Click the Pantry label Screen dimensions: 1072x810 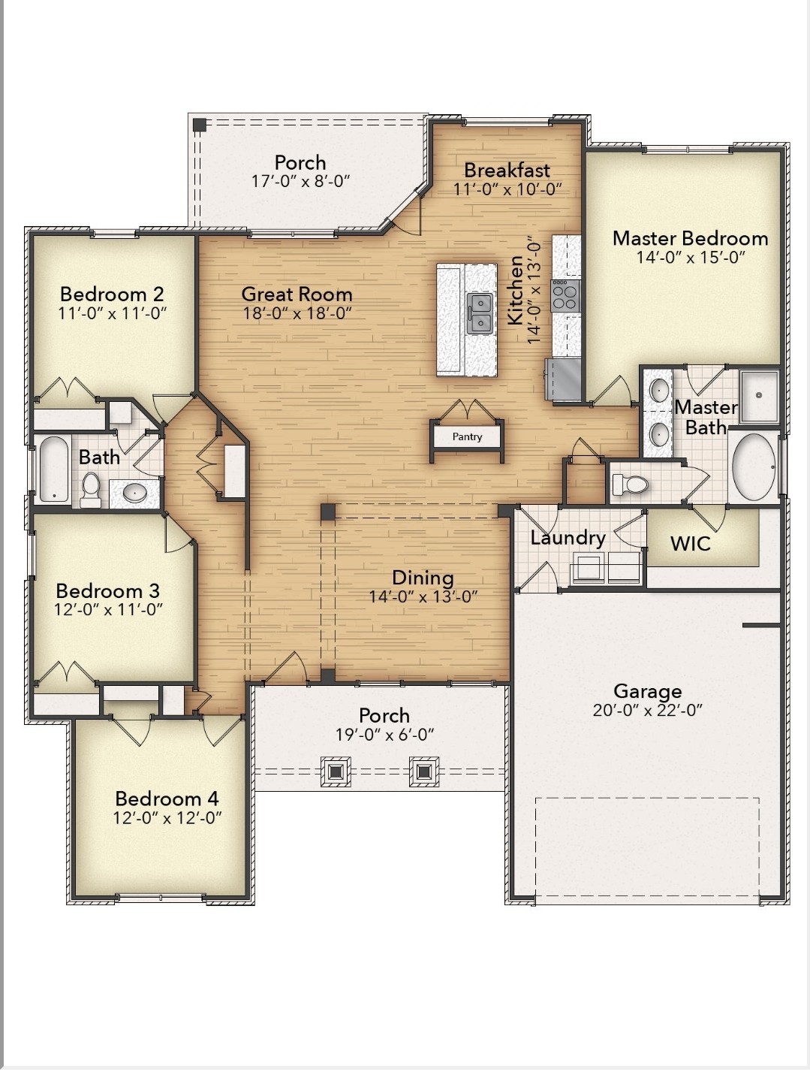tap(467, 436)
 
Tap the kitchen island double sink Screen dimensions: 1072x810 tap(480, 313)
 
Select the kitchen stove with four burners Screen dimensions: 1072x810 tap(565, 295)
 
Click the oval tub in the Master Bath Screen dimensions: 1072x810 tap(753, 467)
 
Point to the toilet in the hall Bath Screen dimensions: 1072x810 tap(91, 489)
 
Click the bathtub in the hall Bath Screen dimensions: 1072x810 tap(53, 470)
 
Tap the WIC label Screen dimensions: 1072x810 tap(690, 543)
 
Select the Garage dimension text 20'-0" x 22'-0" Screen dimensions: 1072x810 tap(647, 711)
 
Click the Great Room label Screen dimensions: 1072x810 tap(297, 294)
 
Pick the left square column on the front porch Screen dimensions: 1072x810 tap(336, 772)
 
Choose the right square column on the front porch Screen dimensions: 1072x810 tap(424, 772)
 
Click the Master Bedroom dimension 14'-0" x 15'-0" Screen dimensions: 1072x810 tap(690, 258)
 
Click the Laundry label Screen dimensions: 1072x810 tap(568, 538)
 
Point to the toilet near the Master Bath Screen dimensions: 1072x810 tap(631, 485)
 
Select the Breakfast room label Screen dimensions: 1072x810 tap(507, 171)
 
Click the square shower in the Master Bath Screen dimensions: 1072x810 tap(759, 395)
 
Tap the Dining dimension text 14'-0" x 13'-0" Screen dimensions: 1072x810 tap(423, 596)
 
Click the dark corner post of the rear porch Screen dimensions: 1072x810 tap(199, 125)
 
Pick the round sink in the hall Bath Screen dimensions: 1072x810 tap(135, 493)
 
